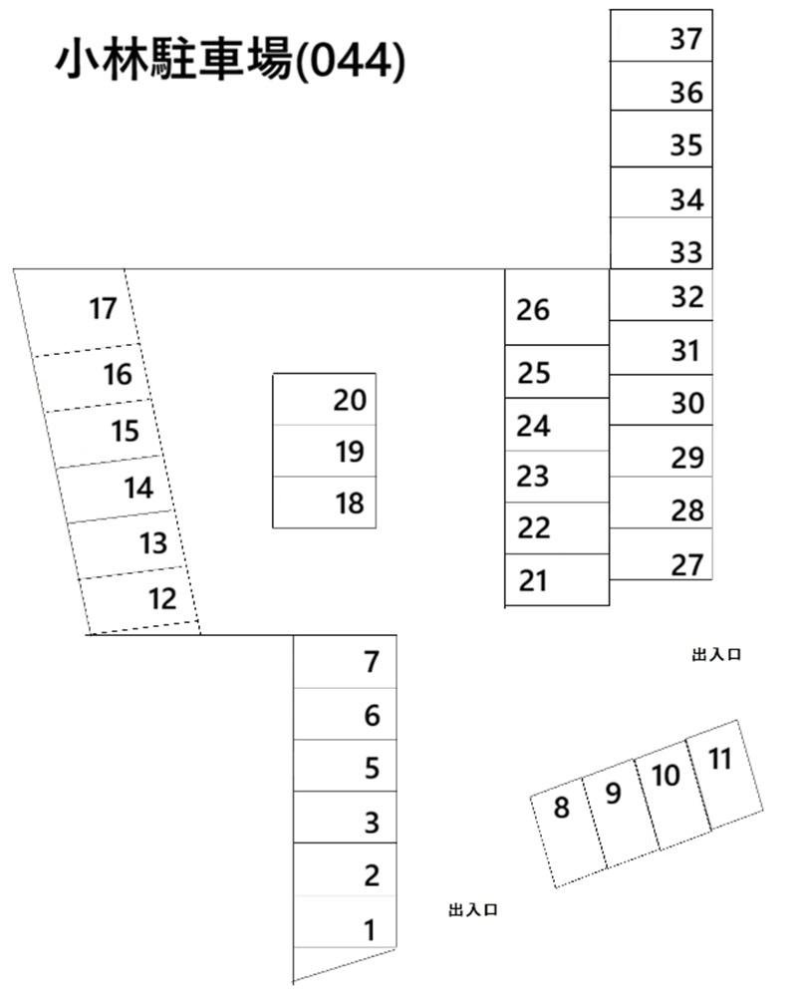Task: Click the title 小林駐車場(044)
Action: (231, 62)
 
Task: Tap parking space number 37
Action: (662, 36)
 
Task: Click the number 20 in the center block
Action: (350, 401)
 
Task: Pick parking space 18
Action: (325, 503)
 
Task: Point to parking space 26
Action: (557, 307)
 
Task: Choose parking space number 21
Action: (557, 579)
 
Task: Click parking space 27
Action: (662, 554)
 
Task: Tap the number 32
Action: (687, 297)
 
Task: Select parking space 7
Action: (345, 662)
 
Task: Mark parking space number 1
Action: (345, 922)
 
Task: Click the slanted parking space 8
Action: (569, 833)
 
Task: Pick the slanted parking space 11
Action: (725, 775)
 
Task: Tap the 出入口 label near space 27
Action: (717, 654)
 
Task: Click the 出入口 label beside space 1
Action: (473, 909)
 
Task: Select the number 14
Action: (138, 489)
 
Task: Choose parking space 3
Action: (345, 818)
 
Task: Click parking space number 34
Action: (662, 192)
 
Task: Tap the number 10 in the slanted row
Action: (665, 775)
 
